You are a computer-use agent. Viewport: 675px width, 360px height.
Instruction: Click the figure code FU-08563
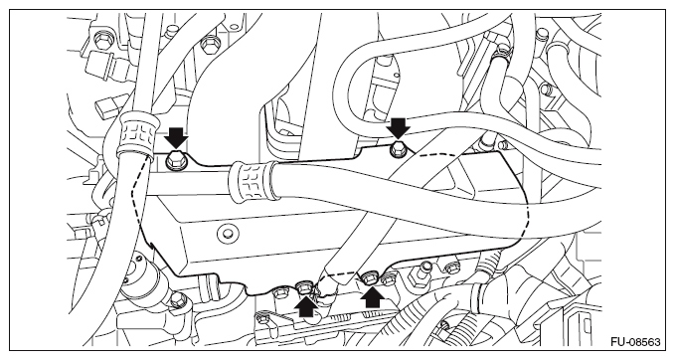pyautogui.click(x=635, y=342)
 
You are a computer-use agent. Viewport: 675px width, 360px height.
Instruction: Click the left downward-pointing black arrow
pyautogui.click(x=177, y=137)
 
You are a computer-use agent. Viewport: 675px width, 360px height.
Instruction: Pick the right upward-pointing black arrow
pyautogui.click(x=373, y=297)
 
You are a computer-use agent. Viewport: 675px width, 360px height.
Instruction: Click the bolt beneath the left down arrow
pyautogui.click(x=175, y=161)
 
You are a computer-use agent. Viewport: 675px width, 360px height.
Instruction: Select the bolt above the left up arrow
pyautogui.click(x=303, y=286)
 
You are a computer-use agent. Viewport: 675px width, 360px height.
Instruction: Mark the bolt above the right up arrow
pyautogui.click(x=370, y=278)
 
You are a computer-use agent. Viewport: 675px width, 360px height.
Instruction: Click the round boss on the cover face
pyautogui.click(x=227, y=234)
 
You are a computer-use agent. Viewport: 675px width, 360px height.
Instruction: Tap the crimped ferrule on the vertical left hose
pyautogui.click(x=134, y=132)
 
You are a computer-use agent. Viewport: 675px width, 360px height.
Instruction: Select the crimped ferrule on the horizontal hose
pyautogui.click(x=253, y=182)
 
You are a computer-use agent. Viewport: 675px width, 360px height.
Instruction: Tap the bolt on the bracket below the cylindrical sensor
pyautogui.click(x=177, y=299)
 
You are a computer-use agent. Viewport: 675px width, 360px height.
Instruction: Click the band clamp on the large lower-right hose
pyautogui.click(x=478, y=298)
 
